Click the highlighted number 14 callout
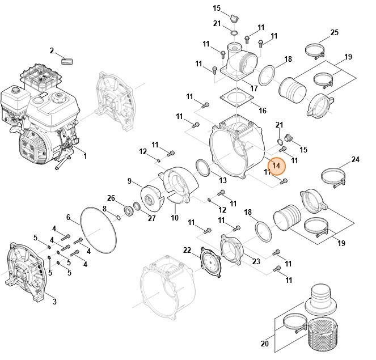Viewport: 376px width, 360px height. pyautogui.click(x=277, y=165)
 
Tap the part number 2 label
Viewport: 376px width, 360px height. pyautogui.click(x=52, y=51)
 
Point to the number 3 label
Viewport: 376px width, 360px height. pyautogui.click(x=54, y=301)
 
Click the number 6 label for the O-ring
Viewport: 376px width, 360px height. pyautogui.click(x=69, y=217)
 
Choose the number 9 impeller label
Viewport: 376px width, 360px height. pyautogui.click(x=130, y=181)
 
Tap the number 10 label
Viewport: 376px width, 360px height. pyautogui.click(x=175, y=218)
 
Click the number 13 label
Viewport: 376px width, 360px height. pyautogui.click(x=223, y=180)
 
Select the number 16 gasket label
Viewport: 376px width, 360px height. pyautogui.click(x=263, y=110)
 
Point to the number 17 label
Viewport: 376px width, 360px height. pyautogui.click(x=254, y=88)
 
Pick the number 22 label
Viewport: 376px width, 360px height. pyautogui.click(x=187, y=250)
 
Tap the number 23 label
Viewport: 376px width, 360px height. pyautogui.click(x=256, y=261)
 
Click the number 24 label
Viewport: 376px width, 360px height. pyautogui.click(x=355, y=160)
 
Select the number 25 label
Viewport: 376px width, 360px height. pyautogui.click(x=334, y=32)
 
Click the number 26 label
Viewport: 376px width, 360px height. pyautogui.click(x=111, y=197)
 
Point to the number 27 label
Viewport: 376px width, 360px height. pyautogui.click(x=151, y=218)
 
